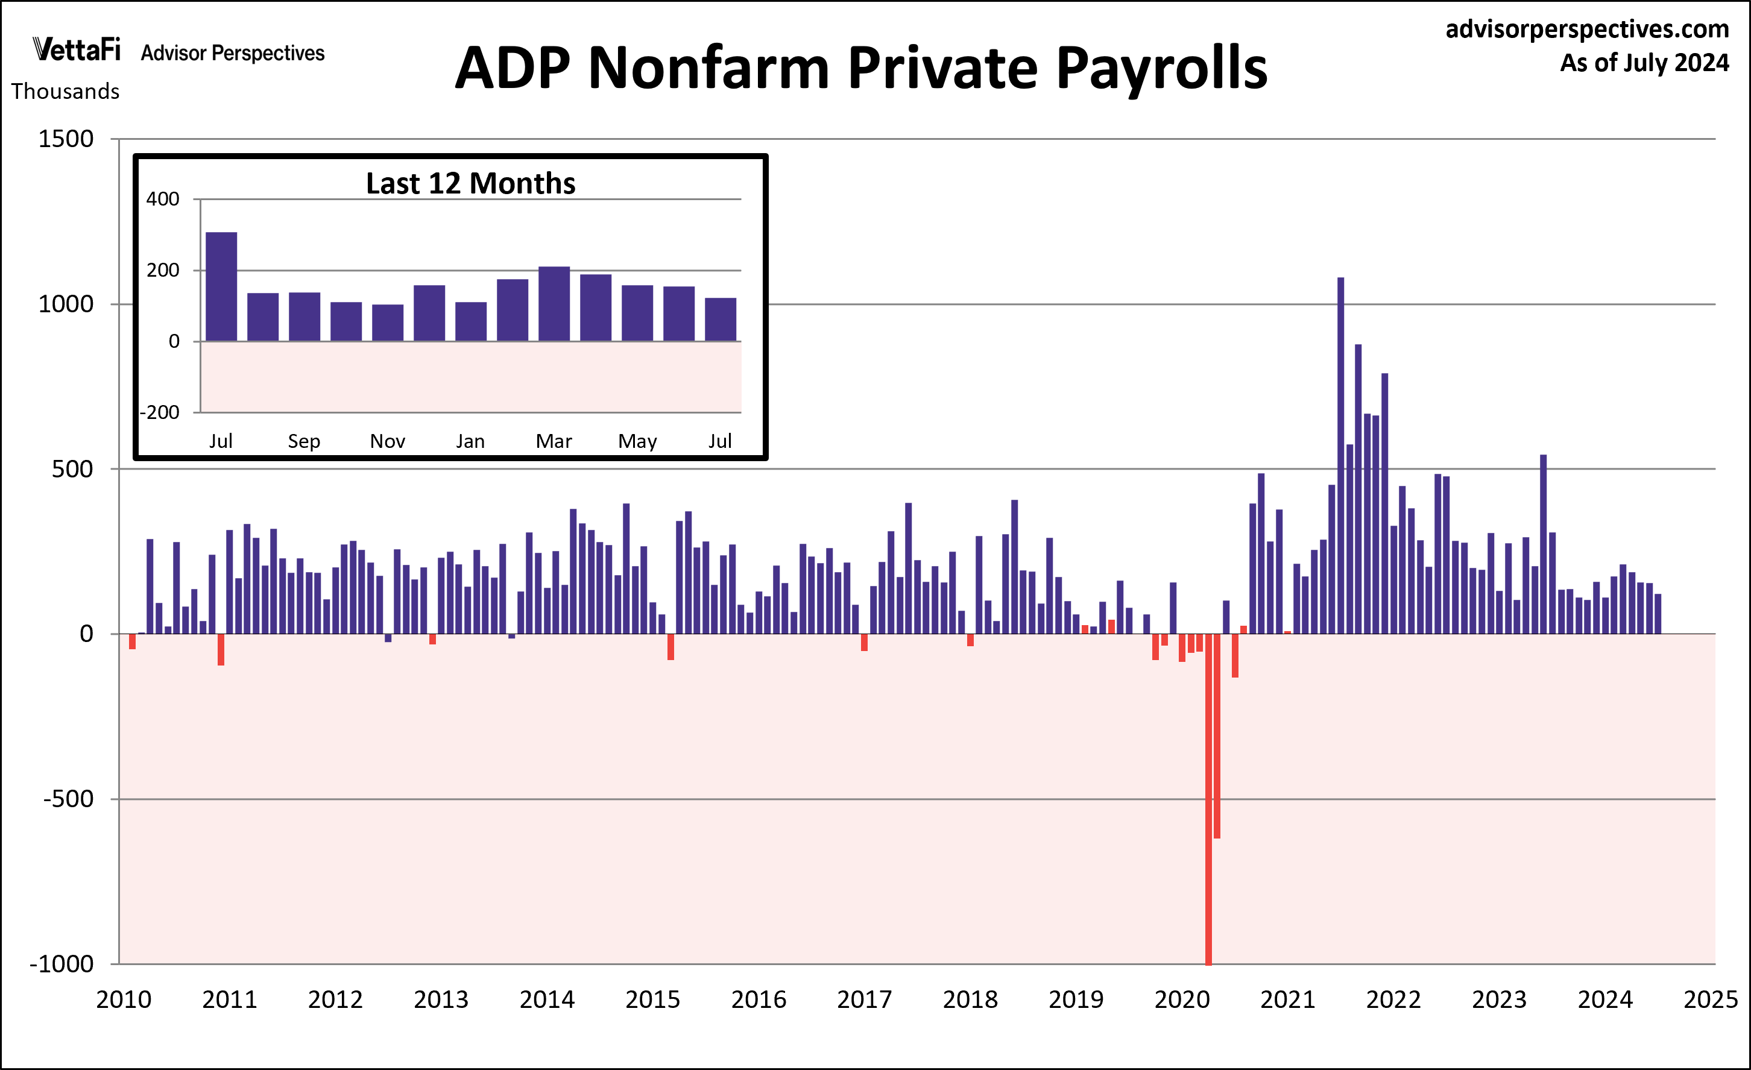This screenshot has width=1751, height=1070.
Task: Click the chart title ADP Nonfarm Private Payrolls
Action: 860,68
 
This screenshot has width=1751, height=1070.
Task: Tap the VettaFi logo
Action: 77,50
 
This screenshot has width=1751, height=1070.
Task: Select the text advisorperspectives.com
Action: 1587,29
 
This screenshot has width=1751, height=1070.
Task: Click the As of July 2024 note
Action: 1644,63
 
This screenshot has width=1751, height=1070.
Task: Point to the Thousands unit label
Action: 65,92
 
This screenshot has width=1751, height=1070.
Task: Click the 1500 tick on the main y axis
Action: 65,139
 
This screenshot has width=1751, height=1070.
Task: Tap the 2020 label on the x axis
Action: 1181,999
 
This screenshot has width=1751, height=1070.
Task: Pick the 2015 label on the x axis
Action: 652,999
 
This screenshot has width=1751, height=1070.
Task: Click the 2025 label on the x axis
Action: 1711,999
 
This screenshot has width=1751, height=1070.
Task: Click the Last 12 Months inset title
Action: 470,183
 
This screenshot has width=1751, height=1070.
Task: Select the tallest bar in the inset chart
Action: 221,286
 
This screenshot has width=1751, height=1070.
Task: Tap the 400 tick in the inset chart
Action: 163,199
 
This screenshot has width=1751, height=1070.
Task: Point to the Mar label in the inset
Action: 554,441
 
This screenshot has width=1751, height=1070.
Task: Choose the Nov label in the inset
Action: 387,441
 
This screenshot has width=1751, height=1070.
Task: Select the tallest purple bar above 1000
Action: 1340,455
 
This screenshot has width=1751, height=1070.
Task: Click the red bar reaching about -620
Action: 1217,735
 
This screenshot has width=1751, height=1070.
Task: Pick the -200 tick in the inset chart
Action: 160,412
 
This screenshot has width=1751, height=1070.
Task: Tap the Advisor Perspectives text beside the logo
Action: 232,53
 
